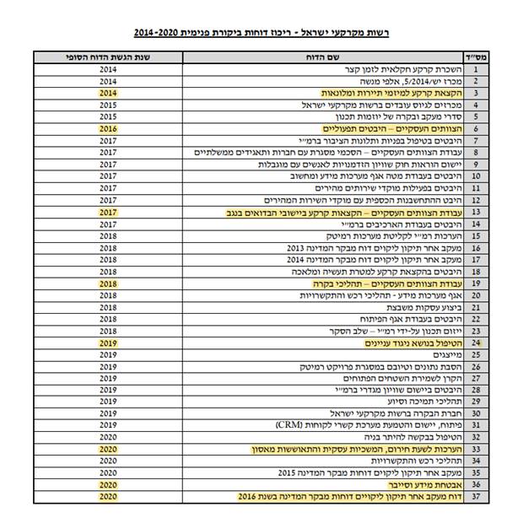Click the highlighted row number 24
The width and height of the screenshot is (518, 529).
(x=476, y=343)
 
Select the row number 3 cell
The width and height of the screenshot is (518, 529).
(x=476, y=93)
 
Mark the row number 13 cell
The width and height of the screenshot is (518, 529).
(x=476, y=212)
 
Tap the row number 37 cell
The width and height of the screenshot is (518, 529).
(x=476, y=498)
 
